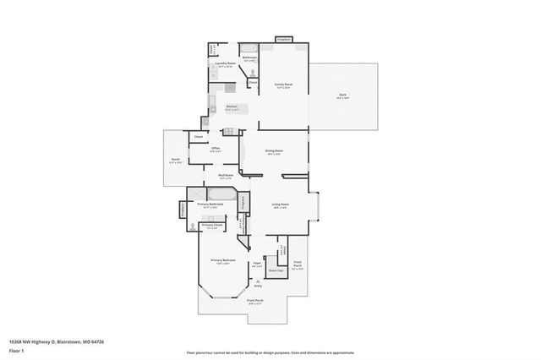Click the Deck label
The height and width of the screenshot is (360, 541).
[342, 96]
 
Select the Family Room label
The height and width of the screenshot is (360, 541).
[282, 85]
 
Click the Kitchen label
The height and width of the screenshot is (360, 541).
[231, 106]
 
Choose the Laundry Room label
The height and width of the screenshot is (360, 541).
[224, 63]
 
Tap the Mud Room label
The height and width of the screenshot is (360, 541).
[226, 176]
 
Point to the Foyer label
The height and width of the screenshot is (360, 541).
[257, 264]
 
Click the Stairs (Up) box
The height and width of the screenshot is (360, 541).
[274, 271]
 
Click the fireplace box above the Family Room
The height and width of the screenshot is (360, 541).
[284, 39]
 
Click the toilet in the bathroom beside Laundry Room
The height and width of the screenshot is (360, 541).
[252, 73]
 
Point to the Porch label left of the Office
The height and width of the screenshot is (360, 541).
[175, 161]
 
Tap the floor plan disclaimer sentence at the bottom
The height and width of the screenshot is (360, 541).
[270, 352]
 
